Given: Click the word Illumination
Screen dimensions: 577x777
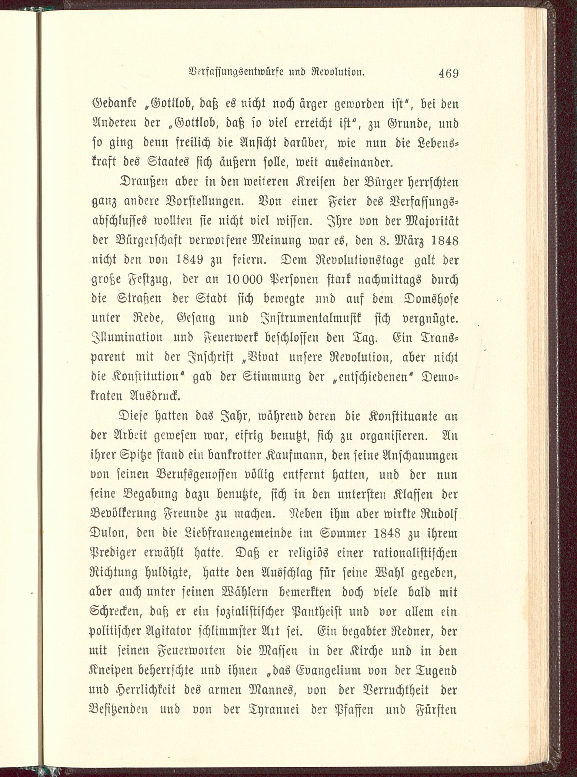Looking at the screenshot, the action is tap(127, 338).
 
